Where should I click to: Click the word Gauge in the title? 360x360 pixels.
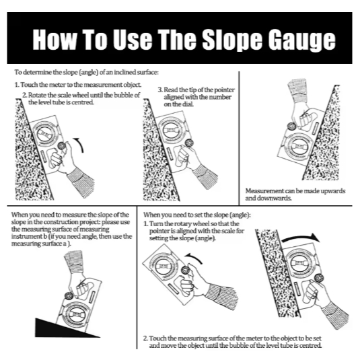(x=301, y=40)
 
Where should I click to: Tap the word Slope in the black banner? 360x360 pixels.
(x=232, y=40)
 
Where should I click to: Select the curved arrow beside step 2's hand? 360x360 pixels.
(x=79, y=145)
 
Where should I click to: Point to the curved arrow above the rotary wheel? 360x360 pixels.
(x=194, y=258)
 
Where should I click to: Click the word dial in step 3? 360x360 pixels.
(x=188, y=104)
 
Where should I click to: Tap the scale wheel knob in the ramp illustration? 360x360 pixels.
(x=69, y=295)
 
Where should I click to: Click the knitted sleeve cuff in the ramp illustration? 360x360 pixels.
(x=73, y=261)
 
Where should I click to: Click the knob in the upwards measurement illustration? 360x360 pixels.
(x=291, y=127)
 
